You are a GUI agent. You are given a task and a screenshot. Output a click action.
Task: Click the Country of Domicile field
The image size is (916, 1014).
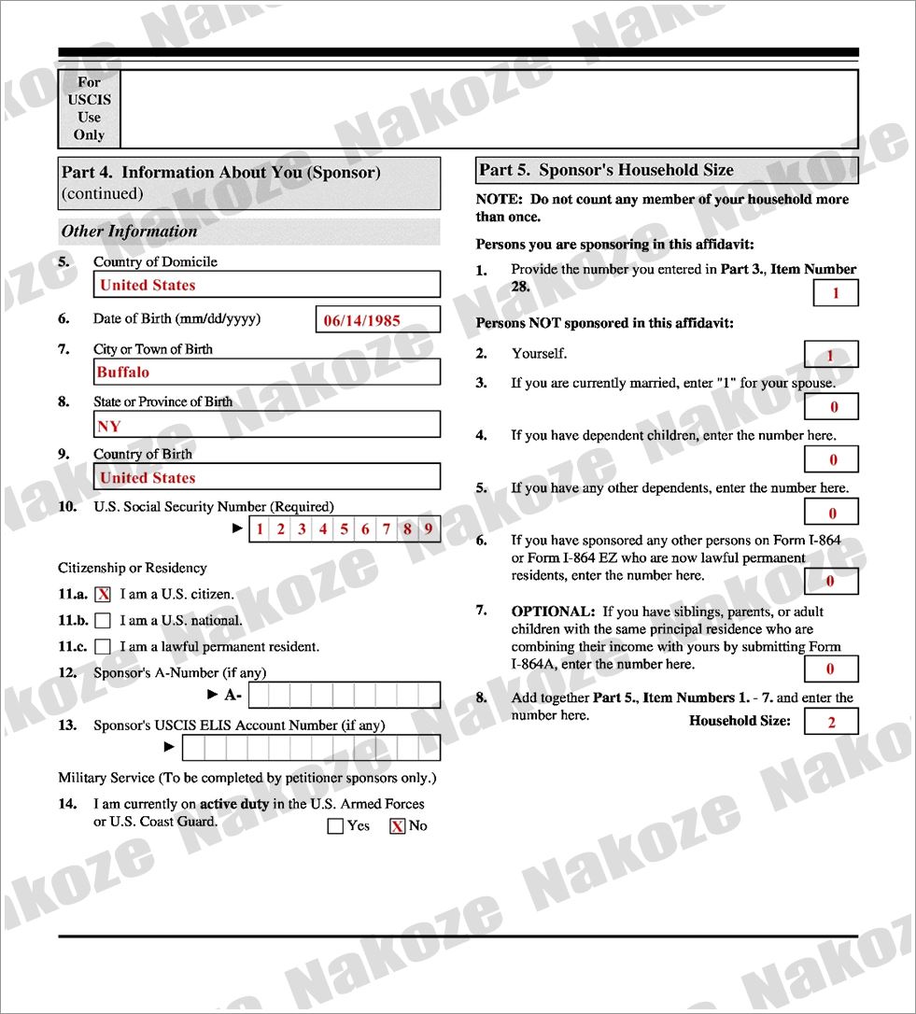click(x=266, y=285)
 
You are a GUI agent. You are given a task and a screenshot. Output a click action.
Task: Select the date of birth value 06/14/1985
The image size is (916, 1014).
click(x=378, y=320)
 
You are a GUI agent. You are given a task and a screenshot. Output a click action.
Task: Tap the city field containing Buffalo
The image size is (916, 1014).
click(x=266, y=372)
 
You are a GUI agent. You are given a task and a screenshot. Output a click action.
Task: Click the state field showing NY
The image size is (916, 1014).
click(x=266, y=425)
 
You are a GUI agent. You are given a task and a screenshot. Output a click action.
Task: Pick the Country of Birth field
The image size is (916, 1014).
click(x=266, y=477)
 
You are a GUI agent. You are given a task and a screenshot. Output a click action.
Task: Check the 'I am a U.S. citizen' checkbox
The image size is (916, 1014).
click(x=104, y=594)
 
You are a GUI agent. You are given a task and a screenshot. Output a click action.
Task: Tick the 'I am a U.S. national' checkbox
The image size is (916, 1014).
click(x=104, y=620)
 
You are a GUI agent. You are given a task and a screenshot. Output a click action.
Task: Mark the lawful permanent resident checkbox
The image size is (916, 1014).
click(x=104, y=646)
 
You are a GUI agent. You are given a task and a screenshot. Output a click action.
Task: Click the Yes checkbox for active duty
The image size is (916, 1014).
click(x=336, y=826)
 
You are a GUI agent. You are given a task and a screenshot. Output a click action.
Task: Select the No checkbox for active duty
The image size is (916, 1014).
click(x=398, y=826)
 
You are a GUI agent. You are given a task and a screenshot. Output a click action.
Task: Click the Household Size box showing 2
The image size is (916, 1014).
click(x=830, y=722)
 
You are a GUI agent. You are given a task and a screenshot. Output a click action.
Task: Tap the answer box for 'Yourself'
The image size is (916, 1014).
click(x=830, y=355)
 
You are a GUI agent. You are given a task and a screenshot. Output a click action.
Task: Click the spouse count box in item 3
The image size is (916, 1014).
click(x=830, y=407)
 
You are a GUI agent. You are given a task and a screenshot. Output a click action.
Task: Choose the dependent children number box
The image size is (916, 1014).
click(x=830, y=459)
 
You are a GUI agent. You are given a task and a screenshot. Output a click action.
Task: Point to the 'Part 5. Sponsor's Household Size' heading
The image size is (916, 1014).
click(x=607, y=170)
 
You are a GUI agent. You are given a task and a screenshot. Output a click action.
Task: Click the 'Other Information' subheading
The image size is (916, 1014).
click(x=130, y=232)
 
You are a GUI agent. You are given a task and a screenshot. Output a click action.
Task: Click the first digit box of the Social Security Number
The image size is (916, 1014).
click(x=260, y=529)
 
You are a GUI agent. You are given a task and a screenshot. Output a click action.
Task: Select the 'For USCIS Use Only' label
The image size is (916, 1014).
click(x=90, y=108)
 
